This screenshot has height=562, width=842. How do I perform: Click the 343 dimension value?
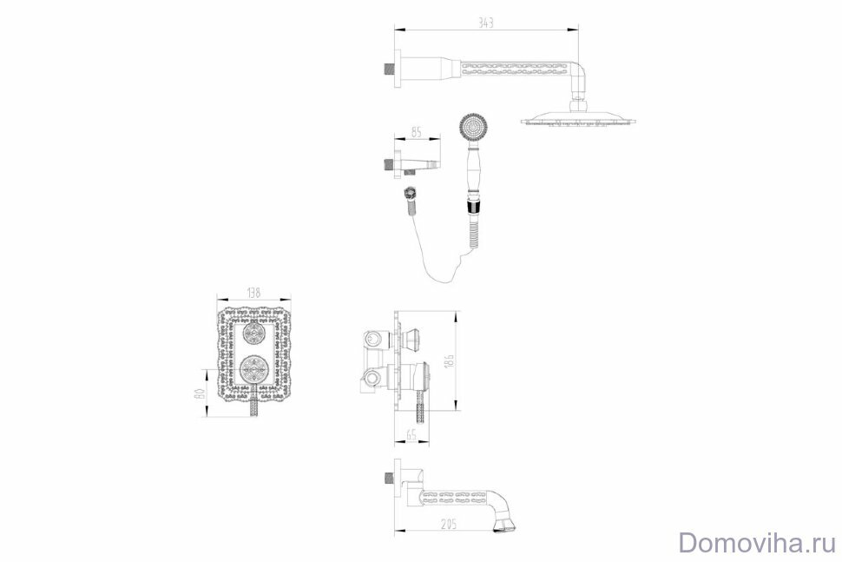[485, 23]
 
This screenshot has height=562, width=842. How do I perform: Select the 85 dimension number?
[416, 132]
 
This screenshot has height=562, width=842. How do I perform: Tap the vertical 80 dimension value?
[199, 394]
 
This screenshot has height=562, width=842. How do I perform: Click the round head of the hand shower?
[472, 127]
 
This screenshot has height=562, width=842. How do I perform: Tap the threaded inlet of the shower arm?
[386, 66]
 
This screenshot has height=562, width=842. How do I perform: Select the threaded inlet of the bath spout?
[386, 479]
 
